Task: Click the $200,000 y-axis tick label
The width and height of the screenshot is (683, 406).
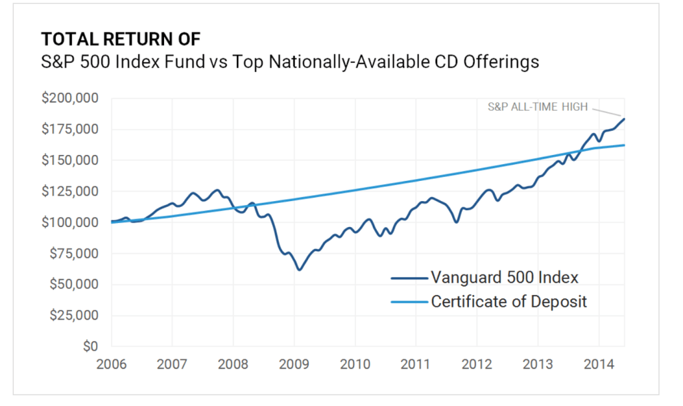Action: pyautogui.click(x=71, y=98)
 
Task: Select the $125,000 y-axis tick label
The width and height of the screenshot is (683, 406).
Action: pyautogui.click(x=71, y=192)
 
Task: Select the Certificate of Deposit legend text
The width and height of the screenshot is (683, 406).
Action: pyautogui.click(x=509, y=301)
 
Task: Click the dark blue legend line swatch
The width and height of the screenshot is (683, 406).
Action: pyautogui.click(x=408, y=277)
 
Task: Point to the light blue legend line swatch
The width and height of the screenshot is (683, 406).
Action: pyautogui.click(x=408, y=302)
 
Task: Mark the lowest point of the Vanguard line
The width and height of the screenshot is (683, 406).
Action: pyautogui.click(x=299, y=270)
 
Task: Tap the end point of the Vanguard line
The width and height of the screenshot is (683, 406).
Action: pyautogui.click(x=624, y=119)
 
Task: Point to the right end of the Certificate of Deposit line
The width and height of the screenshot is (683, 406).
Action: pyautogui.click(x=624, y=145)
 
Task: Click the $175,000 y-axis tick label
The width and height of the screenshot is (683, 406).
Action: pyautogui.click(x=71, y=129)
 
